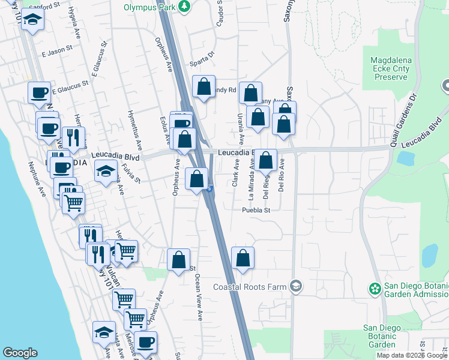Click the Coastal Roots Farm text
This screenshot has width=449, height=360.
[250, 287]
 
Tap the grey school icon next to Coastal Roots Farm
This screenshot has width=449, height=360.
[295, 286]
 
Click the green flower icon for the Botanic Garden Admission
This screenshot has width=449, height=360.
[375, 289]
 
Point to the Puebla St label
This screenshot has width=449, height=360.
[257, 211]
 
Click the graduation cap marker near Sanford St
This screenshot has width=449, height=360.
[32, 22]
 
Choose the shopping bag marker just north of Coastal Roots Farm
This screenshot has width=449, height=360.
[242, 259]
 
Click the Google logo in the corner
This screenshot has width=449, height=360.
[20, 353]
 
